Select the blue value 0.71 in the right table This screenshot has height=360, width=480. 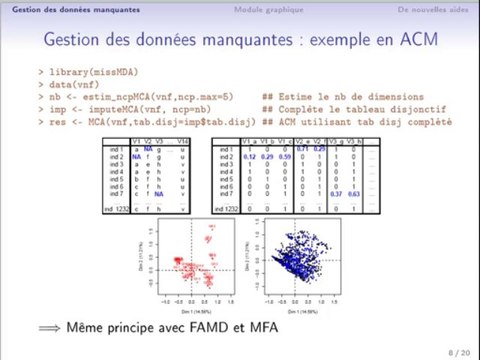click(302, 149)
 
